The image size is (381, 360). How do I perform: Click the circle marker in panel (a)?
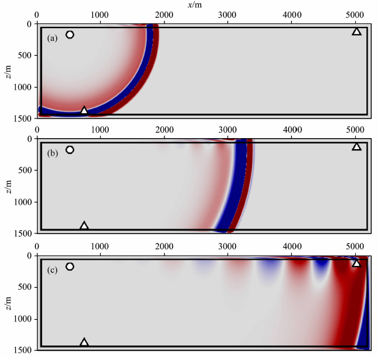click(x=70, y=35)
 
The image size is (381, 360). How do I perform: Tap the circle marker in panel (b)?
click(x=70, y=150)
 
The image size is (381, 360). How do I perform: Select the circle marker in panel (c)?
click(x=70, y=266)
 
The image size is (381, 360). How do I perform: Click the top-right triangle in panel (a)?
click(x=357, y=31)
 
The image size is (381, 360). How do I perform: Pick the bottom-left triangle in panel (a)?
click(x=84, y=111)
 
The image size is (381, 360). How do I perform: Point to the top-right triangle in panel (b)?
click(x=357, y=147)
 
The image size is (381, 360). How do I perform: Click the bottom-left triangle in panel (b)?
click(x=84, y=226)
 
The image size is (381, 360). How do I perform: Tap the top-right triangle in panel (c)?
click(x=357, y=263)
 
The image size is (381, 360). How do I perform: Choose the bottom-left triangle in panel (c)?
click(x=84, y=342)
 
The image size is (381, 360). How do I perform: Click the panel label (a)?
click(x=53, y=38)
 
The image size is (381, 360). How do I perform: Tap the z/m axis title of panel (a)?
click(x=7, y=70)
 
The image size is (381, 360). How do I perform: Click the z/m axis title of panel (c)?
click(x=7, y=302)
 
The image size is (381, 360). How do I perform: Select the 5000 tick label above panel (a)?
click(x=355, y=15)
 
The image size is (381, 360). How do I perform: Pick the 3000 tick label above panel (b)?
click(x=228, y=130)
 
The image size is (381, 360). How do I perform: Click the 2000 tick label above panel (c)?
click(x=165, y=246)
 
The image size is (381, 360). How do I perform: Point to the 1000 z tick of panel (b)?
click(x=23, y=202)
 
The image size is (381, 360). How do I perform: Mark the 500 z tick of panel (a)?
click(x=26, y=55)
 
